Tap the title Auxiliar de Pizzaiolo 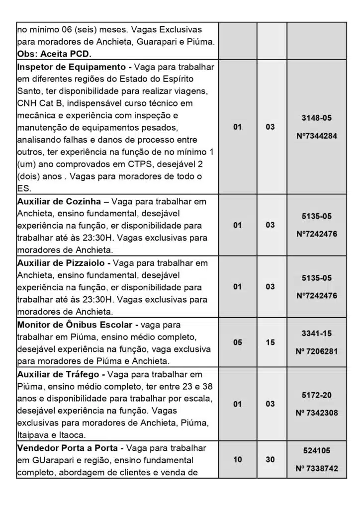62,263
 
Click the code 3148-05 316,118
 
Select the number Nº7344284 316,136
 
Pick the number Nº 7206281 316,351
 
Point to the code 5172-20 316,395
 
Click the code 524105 316,451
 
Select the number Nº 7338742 316,468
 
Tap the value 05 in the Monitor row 237,342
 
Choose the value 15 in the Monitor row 270,342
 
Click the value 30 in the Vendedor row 270,460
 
